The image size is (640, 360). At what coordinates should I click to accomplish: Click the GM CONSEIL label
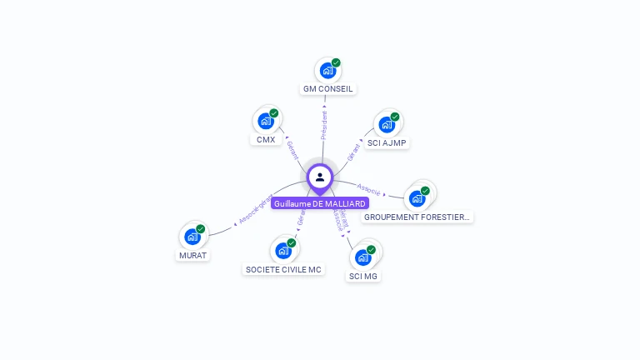point(328,88)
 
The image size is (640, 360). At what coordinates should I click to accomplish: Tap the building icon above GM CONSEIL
point(327,71)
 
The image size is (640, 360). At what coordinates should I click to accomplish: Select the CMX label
point(266,139)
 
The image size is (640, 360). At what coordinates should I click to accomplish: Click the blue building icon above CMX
point(265,121)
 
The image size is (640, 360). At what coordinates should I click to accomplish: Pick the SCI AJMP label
point(387,142)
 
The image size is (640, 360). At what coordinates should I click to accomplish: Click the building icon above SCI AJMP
point(386,125)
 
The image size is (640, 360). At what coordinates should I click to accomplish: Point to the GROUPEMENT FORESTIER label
point(417,217)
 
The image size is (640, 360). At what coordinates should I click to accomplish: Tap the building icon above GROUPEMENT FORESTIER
point(417,198)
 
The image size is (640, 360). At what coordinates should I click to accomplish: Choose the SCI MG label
point(364,275)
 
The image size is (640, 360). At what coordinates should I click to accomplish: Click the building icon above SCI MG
point(362,257)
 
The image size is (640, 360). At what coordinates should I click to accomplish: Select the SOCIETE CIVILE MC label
point(283,269)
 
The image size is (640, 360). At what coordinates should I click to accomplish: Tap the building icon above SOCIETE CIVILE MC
point(283,250)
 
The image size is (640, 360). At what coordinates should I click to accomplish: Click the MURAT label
point(192,255)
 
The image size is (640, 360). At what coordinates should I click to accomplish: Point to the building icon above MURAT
point(192,237)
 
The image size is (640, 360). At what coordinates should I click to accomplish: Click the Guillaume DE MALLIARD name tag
point(319,203)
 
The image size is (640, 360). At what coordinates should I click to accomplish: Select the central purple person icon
point(320,177)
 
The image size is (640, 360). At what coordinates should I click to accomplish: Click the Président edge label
point(324,125)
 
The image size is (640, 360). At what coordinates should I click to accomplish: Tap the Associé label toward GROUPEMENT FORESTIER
point(369,188)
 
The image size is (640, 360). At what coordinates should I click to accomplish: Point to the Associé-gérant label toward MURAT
point(254,210)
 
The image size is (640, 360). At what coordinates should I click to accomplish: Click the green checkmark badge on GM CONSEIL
point(336,62)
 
